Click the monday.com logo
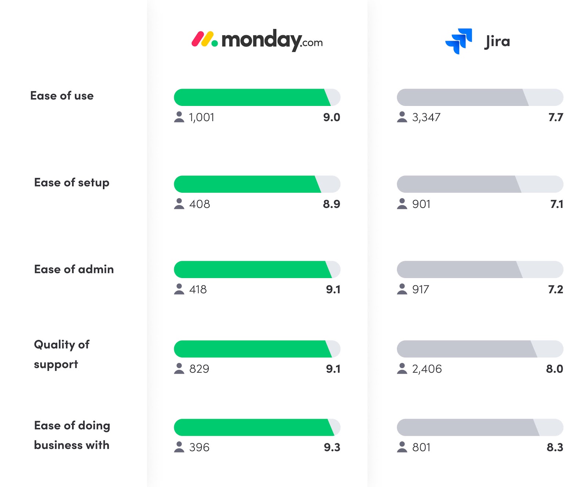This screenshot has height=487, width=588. click(x=257, y=40)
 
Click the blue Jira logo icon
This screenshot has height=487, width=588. click(x=459, y=41)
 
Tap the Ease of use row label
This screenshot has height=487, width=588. click(x=62, y=96)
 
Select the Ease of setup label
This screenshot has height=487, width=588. click(x=72, y=182)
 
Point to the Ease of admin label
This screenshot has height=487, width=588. click(x=74, y=269)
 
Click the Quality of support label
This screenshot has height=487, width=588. click(x=61, y=354)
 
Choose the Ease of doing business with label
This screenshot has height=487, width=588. click(x=72, y=435)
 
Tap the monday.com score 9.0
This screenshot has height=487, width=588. click(x=331, y=117)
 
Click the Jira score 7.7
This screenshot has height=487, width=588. click(x=556, y=117)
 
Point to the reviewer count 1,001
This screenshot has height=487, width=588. click(x=201, y=117)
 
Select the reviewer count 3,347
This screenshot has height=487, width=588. click(x=426, y=117)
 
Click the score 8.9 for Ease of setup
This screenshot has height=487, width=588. click(x=331, y=204)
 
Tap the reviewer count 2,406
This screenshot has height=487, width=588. click(x=427, y=369)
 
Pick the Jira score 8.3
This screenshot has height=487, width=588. click(x=555, y=447)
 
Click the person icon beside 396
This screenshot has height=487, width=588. click(x=179, y=447)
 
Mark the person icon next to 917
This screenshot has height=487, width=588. click(x=402, y=289)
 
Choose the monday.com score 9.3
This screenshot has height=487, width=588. click(x=332, y=447)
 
